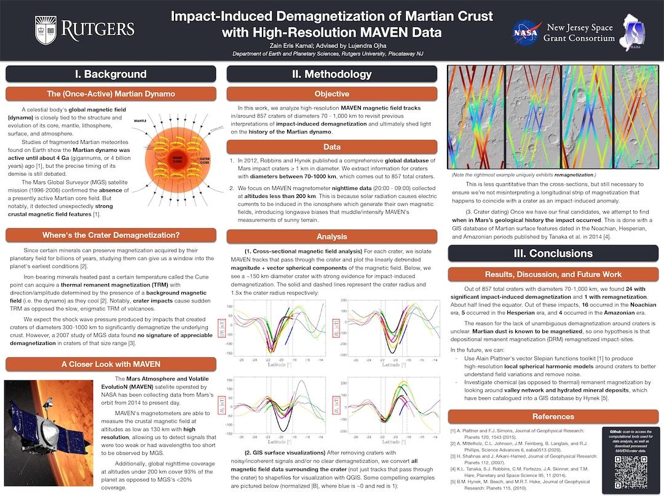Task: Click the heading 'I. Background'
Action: click(x=111, y=74)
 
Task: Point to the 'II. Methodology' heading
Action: click(x=331, y=74)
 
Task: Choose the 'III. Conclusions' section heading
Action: click(x=553, y=253)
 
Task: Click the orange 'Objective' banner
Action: click(x=331, y=94)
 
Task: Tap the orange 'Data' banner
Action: click(x=331, y=147)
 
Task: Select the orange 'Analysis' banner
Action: click(x=331, y=236)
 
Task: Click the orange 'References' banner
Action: click(x=553, y=416)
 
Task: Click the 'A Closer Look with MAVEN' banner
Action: click(x=111, y=364)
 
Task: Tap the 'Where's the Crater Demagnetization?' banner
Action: click(x=111, y=235)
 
